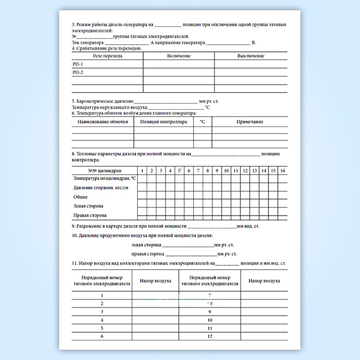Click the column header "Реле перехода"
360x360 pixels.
coord(107,56)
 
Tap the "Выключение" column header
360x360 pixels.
coord(251,56)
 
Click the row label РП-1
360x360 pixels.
coord(78,64)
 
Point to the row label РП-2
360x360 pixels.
coord(78,73)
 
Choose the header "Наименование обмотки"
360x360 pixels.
coord(102,122)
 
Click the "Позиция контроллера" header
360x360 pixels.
coord(163,122)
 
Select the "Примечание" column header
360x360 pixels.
coord(249,122)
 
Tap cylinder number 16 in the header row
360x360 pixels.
coord(282,170)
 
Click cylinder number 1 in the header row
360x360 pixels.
coord(142,170)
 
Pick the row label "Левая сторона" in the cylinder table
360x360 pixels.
coord(89,206)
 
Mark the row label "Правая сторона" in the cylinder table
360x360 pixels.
coord(90,215)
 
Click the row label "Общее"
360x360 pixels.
coord(80,196)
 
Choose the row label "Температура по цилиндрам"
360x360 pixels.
coord(104,178)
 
